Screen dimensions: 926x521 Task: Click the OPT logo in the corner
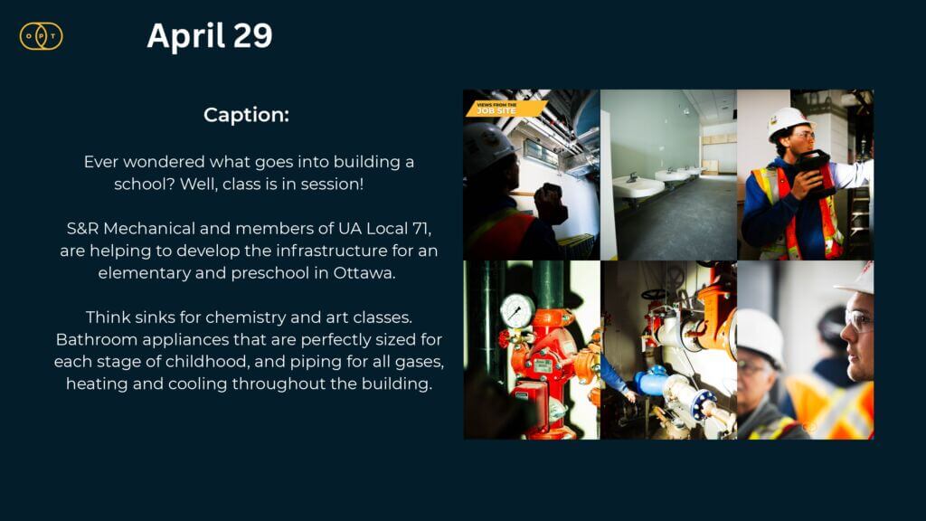point(42,36)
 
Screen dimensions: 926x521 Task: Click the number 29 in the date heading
point(253,35)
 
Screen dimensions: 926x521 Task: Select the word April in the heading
point(186,37)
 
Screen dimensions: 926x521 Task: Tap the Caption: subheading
point(246,115)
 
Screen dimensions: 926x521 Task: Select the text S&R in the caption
point(82,229)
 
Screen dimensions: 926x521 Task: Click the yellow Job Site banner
point(506,109)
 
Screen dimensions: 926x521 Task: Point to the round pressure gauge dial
point(517,311)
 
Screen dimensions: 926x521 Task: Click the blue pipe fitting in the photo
point(651,381)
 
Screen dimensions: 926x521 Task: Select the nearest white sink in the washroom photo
point(637,188)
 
